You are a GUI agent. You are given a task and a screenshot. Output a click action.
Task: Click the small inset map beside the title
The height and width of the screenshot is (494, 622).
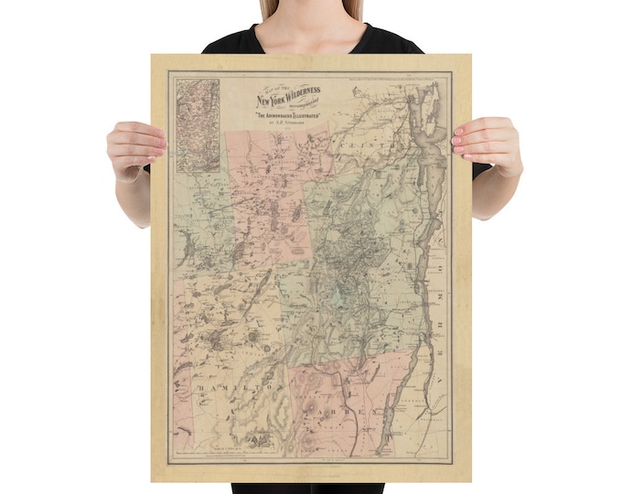coord(198,125)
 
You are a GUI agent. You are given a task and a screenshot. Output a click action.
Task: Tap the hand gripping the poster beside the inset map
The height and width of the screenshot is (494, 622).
coord(135,147)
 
